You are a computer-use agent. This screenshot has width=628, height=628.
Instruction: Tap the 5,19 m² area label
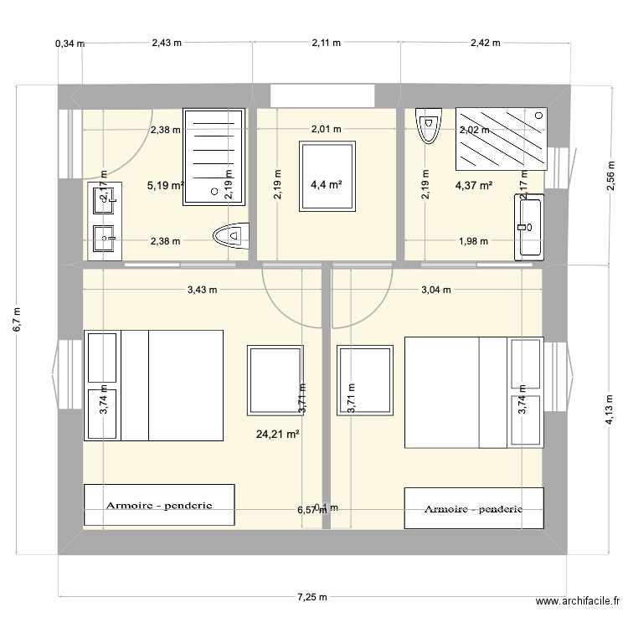click(165, 186)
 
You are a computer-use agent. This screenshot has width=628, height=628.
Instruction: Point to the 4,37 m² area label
click(473, 186)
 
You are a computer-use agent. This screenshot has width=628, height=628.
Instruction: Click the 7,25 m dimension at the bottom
click(312, 597)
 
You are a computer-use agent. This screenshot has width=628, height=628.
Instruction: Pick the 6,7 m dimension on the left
click(18, 319)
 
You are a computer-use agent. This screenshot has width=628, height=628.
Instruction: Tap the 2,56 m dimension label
click(609, 178)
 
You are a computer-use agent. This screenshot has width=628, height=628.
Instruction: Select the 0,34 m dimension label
click(69, 44)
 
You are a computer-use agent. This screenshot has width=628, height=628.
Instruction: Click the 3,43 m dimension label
click(202, 291)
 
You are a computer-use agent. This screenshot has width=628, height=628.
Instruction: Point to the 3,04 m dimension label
click(435, 291)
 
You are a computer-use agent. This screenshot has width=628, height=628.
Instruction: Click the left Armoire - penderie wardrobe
click(158, 506)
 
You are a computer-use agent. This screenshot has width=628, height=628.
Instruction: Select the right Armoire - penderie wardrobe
click(474, 508)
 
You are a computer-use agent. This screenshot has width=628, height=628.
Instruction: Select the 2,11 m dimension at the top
click(326, 44)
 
